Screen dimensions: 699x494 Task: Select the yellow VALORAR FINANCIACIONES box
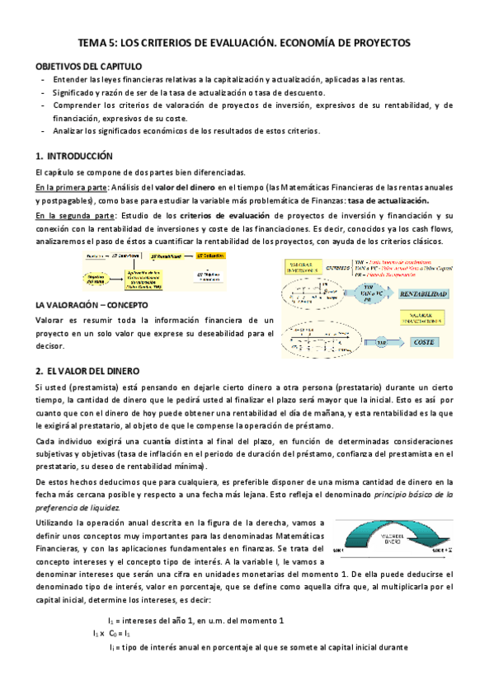(425, 318)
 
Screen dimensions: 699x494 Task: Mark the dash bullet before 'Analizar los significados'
(43, 131)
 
